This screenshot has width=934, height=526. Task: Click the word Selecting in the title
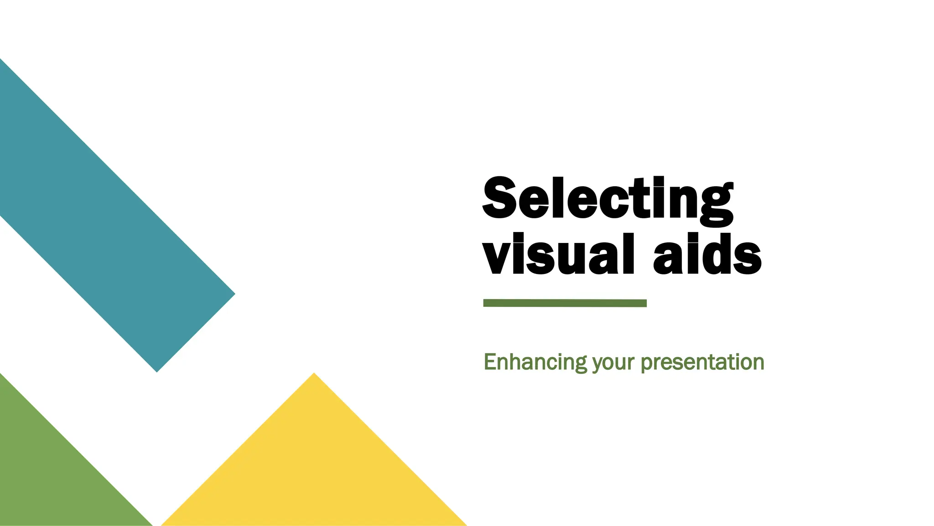point(607,200)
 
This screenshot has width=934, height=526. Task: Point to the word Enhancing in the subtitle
point(535,363)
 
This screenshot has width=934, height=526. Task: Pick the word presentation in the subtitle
point(702,363)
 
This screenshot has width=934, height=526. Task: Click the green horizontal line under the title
point(565,303)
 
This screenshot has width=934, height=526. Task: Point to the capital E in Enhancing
point(490,362)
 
